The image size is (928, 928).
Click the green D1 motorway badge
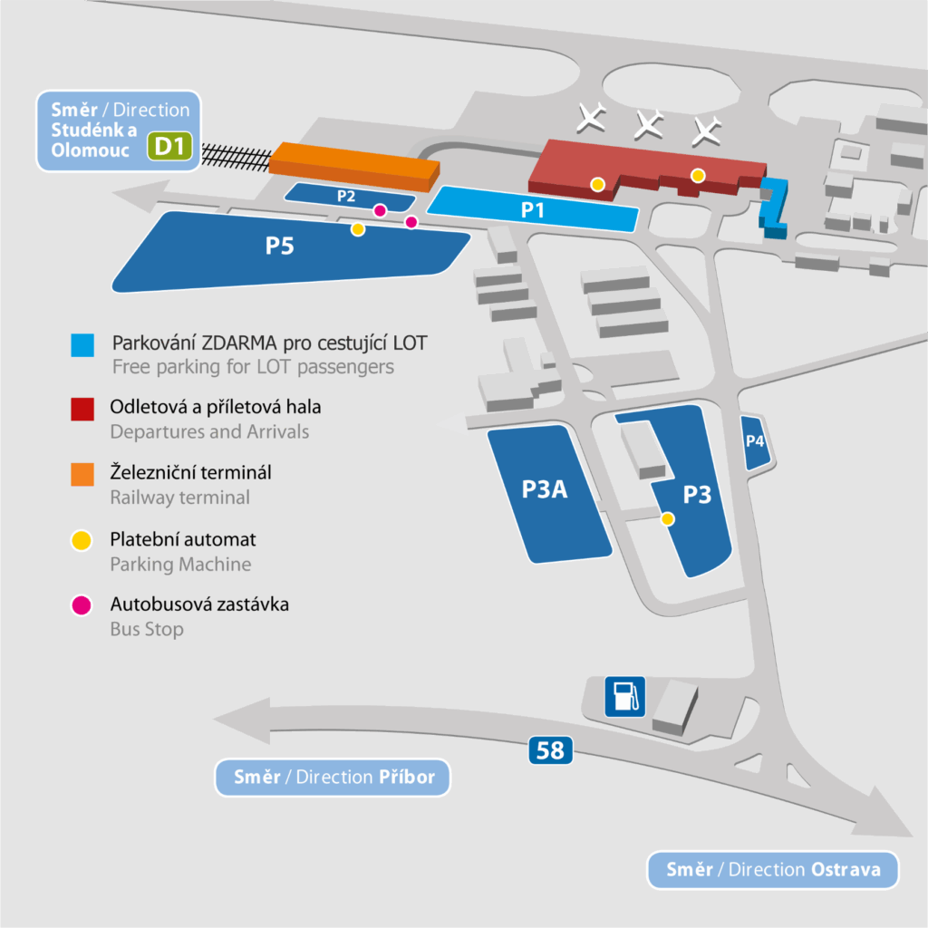[169, 146]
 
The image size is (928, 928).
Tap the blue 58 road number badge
[550, 749]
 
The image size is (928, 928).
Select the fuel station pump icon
[625, 697]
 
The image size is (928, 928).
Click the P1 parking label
[532, 209]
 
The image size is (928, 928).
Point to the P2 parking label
[346, 196]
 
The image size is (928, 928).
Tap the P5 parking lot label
[279, 246]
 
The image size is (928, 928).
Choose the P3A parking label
[545, 488]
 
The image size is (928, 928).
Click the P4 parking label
[755, 441]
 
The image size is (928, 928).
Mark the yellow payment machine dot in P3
[668, 519]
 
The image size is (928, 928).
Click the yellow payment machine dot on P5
[357, 229]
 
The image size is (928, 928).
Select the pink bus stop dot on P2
[380, 210]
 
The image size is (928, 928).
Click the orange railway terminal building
[354, 167]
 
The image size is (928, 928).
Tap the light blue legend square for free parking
[82, 345]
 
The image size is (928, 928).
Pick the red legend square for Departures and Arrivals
[82, 409]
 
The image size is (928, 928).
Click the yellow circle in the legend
[81, 540]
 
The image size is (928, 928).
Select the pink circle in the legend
[81, 605]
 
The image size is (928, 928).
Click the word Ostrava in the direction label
[846, 869]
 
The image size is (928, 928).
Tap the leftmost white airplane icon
[591, 117]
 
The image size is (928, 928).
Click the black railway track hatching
[237, 157]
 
